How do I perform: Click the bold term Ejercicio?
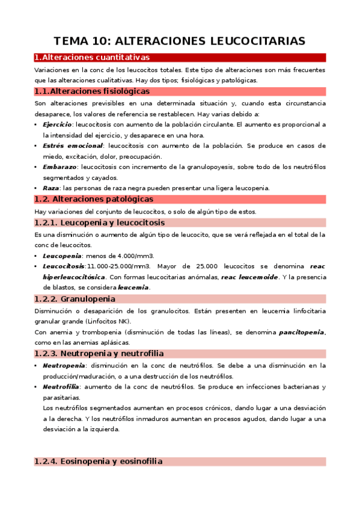[57, 124]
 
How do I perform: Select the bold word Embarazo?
[59, 167]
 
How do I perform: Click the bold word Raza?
[51, 188]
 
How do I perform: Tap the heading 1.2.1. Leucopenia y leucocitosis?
[100, 223]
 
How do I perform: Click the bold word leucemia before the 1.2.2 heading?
[133, 287]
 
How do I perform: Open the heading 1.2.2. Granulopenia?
[75, 299]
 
